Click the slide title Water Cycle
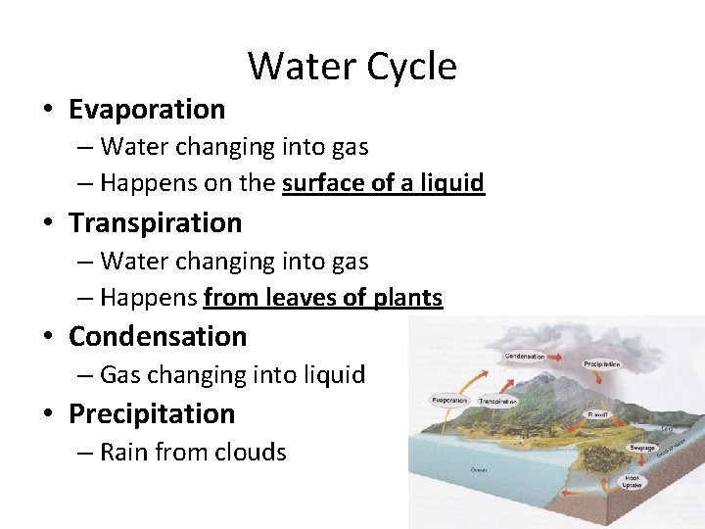352,67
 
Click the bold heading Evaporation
147,109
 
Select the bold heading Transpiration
155,223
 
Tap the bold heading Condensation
158,337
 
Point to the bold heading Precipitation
152,414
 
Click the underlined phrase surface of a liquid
383,183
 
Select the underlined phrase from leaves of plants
323,298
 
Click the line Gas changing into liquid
232,375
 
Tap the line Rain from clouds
193,453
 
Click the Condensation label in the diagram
524,356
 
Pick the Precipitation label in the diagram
601,363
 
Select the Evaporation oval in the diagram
449,401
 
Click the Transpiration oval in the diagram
497,402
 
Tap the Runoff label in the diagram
597,414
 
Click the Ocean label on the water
478,469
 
